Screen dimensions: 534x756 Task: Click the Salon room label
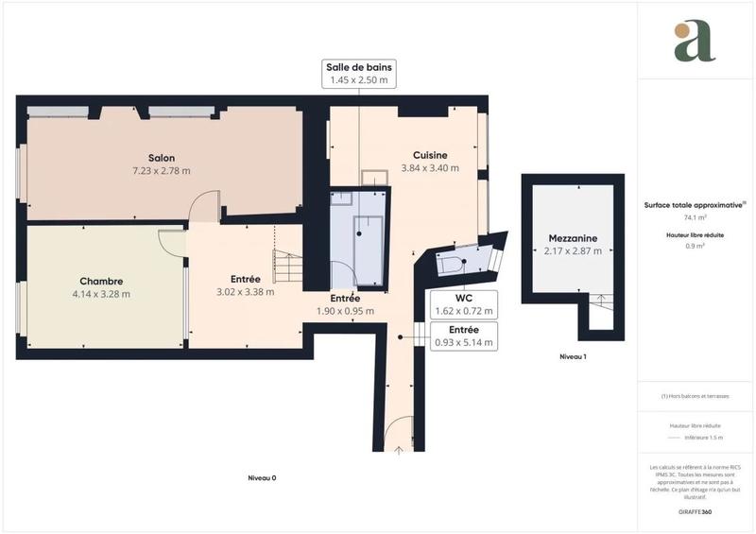(x=161, y=158)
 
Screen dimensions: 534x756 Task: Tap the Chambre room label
(x=101, y=281)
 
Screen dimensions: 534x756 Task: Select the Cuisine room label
(x=430, y=155)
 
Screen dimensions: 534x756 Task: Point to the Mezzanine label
(x=573, y=238)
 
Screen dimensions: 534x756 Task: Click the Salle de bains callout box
(x=358, y=74)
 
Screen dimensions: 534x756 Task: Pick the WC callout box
(x=464, y=304)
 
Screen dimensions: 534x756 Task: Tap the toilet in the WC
(x=453, y=264)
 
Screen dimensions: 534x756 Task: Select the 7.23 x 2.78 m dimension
(x=161, y=171)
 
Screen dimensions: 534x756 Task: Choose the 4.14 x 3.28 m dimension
(x=101, y=294)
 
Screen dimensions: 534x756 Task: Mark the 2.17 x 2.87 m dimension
(x=573, y=251)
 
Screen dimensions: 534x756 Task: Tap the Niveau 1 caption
(x=573, y=356)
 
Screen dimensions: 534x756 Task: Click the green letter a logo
(x=695, y=41)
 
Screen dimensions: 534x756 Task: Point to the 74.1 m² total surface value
(x=695, y=216)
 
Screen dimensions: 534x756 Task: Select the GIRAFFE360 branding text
(x=695, y=510)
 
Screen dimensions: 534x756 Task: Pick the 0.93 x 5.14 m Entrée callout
(x=464, y=336)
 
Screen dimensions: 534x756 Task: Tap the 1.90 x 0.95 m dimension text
(x=345, y=311)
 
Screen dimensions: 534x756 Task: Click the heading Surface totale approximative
(x=695, y=204)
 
